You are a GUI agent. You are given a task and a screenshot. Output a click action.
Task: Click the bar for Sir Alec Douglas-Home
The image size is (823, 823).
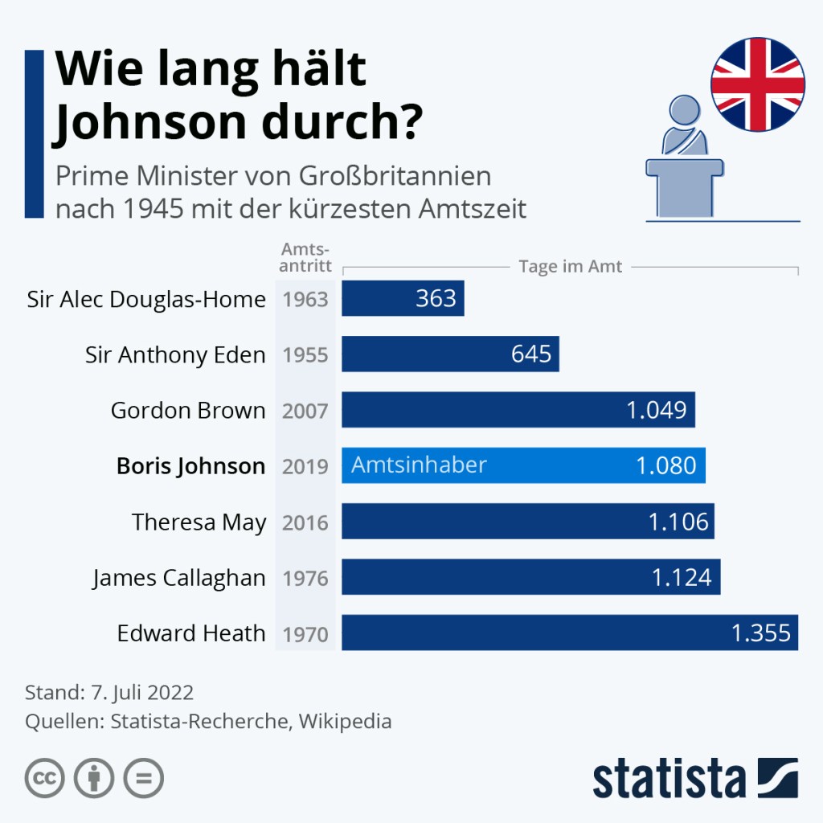[402, 299]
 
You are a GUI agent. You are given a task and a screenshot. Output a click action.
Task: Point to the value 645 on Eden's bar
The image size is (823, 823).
[531, 354]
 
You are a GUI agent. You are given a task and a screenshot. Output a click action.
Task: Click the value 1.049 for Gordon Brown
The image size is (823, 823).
[656, 411]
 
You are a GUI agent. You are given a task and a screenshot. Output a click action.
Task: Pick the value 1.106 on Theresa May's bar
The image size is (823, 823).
[678, 522]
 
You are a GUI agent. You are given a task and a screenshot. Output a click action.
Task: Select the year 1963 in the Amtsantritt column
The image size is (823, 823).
[305, 300]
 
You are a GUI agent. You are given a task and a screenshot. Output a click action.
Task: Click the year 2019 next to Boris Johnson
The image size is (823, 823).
[305, 467]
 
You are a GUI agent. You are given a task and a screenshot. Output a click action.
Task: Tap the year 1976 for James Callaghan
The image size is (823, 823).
[305, 579]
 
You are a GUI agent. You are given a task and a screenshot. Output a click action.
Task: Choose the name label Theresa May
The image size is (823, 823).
[199, 522]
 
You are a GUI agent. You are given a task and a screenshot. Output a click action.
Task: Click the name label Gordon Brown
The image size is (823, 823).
[188, 411]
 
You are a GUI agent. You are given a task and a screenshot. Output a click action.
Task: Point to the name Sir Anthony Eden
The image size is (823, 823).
[175, 355]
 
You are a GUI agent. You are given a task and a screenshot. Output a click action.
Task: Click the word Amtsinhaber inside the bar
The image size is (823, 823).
[419, 465]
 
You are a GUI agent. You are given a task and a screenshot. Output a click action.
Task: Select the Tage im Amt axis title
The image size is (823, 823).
[571, 267]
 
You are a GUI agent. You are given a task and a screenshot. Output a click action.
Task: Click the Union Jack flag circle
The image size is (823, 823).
[757, 84]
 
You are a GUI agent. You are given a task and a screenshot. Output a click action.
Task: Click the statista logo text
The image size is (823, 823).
[669, 779]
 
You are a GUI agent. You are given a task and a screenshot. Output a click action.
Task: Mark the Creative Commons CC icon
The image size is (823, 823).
[45, 778]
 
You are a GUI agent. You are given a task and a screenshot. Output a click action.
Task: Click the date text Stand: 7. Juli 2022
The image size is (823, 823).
[109, 693]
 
